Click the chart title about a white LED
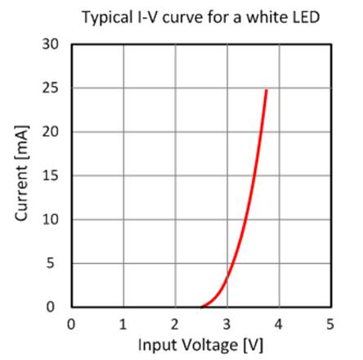pyautogui.click(x=187, y=16)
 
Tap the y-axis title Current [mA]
pyautogui.click(x=21, y=175)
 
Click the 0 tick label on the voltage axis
pyautogui.click(x=72, y=322)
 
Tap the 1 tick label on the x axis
pyautogui.click(x=123, y=322)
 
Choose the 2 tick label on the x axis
pyautogui.click(x=175, y=322)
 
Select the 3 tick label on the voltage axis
pyautogui.click(x=227, y=322)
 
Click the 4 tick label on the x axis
pyautogui.click(x=279, y=322)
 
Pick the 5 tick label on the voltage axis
pyautogui.click(x=330, y=322)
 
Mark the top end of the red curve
pyautogui.click(x=266, y=91)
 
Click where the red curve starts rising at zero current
pyautogui.click(x=201, y=306)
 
